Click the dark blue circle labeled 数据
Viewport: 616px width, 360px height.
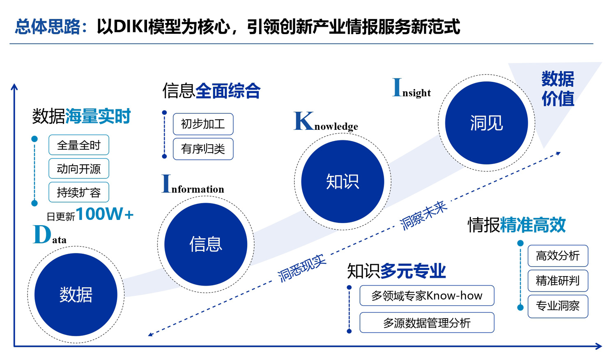76,295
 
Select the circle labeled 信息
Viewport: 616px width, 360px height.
206,244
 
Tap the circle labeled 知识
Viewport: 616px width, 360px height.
342,181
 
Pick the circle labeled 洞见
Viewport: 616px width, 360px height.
487,123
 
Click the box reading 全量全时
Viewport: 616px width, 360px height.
79,145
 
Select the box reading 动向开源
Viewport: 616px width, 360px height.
79,168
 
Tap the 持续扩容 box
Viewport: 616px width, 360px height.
79,192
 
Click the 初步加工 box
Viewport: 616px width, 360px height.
203,124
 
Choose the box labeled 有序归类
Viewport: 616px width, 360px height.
203,149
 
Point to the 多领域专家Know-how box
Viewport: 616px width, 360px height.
427,295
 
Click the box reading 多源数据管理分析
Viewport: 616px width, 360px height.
427,323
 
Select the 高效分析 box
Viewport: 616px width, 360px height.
558,256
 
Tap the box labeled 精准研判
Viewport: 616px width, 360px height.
558,281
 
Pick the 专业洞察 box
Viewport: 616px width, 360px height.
558,306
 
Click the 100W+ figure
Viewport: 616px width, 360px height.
105,214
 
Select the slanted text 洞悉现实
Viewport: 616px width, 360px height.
302,268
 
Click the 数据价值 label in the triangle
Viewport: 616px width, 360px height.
558,89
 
